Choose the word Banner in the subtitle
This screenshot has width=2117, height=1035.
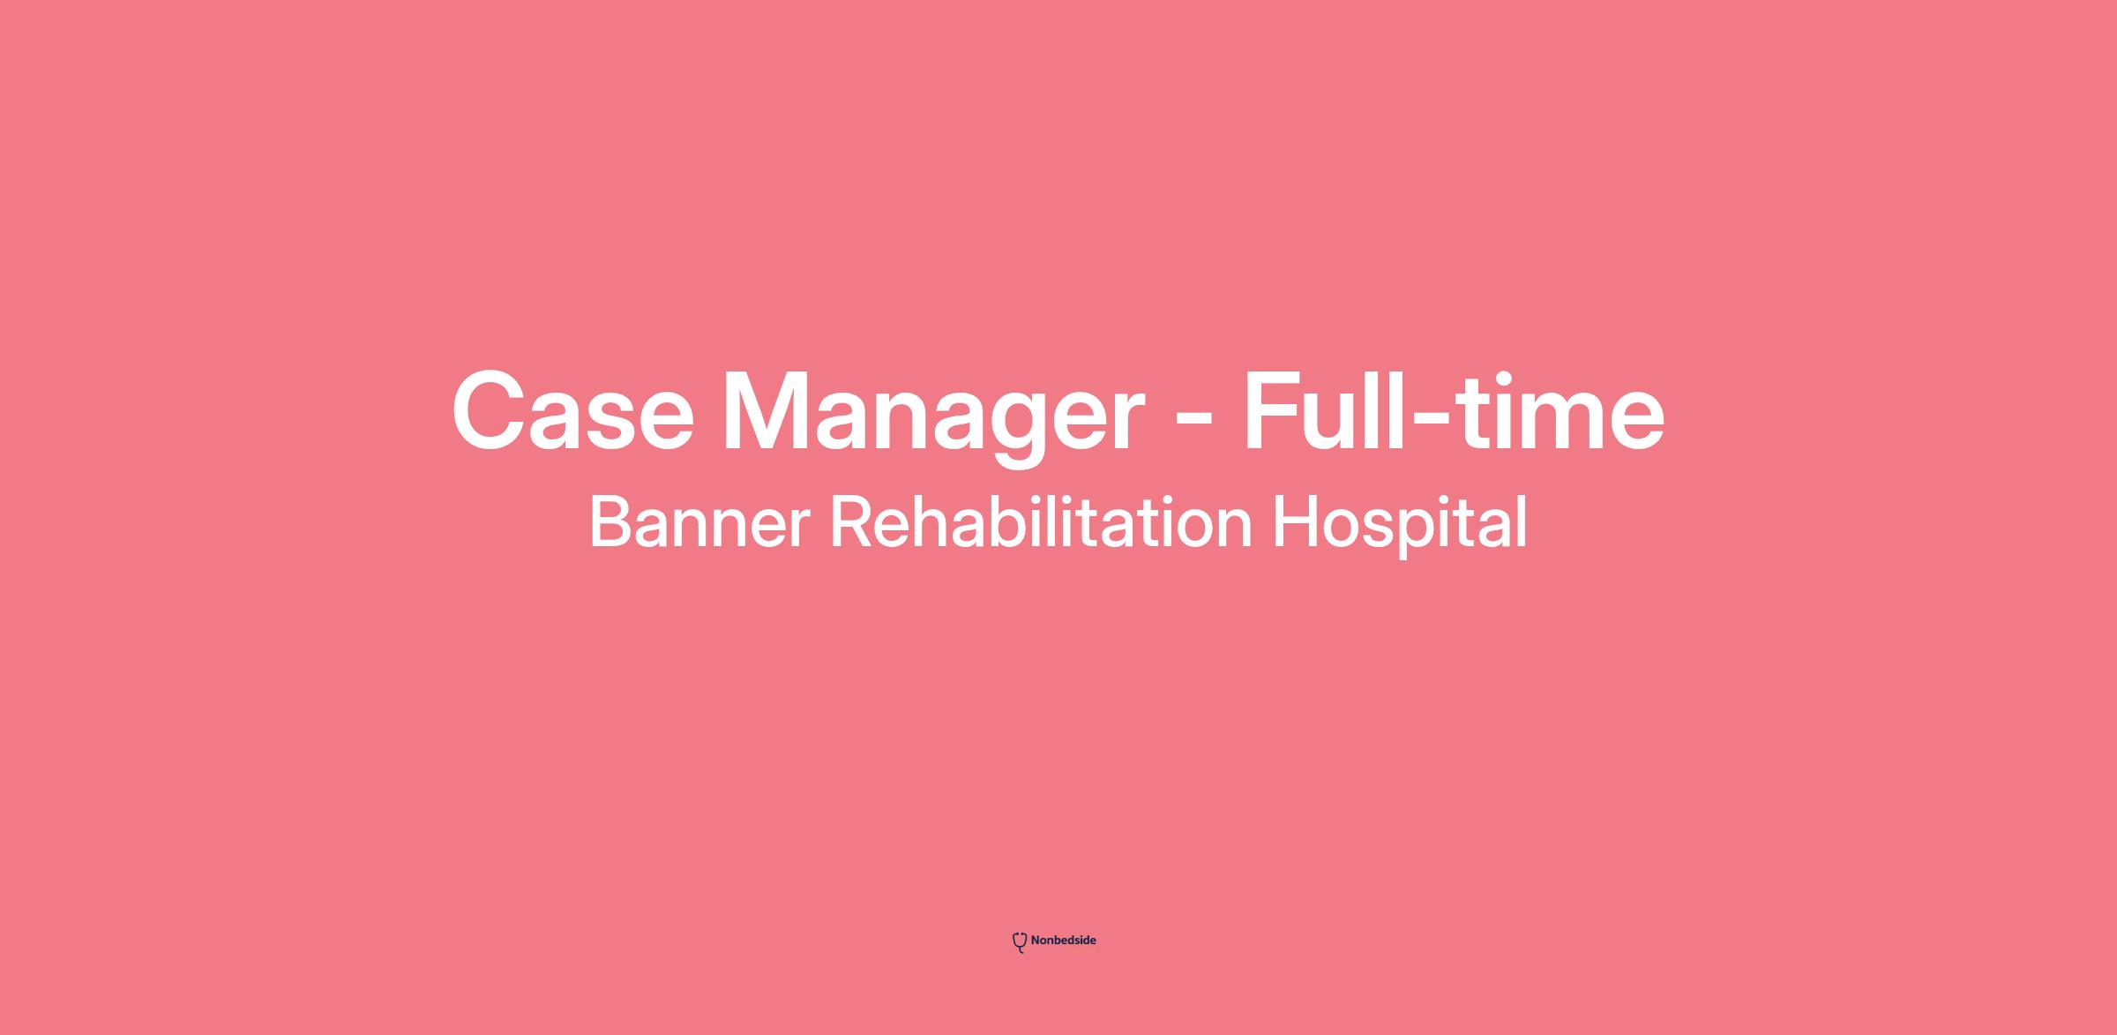click(x=699, y=522)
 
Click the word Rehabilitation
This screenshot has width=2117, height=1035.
click(x=1041, y=521)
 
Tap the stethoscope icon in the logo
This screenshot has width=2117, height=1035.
click(x=1020, y=942)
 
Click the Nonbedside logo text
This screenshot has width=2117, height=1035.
click(x=1064, y=941)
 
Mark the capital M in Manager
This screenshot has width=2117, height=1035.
click(x=772, y=411)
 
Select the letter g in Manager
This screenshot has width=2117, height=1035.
click(x=1022, y=430)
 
